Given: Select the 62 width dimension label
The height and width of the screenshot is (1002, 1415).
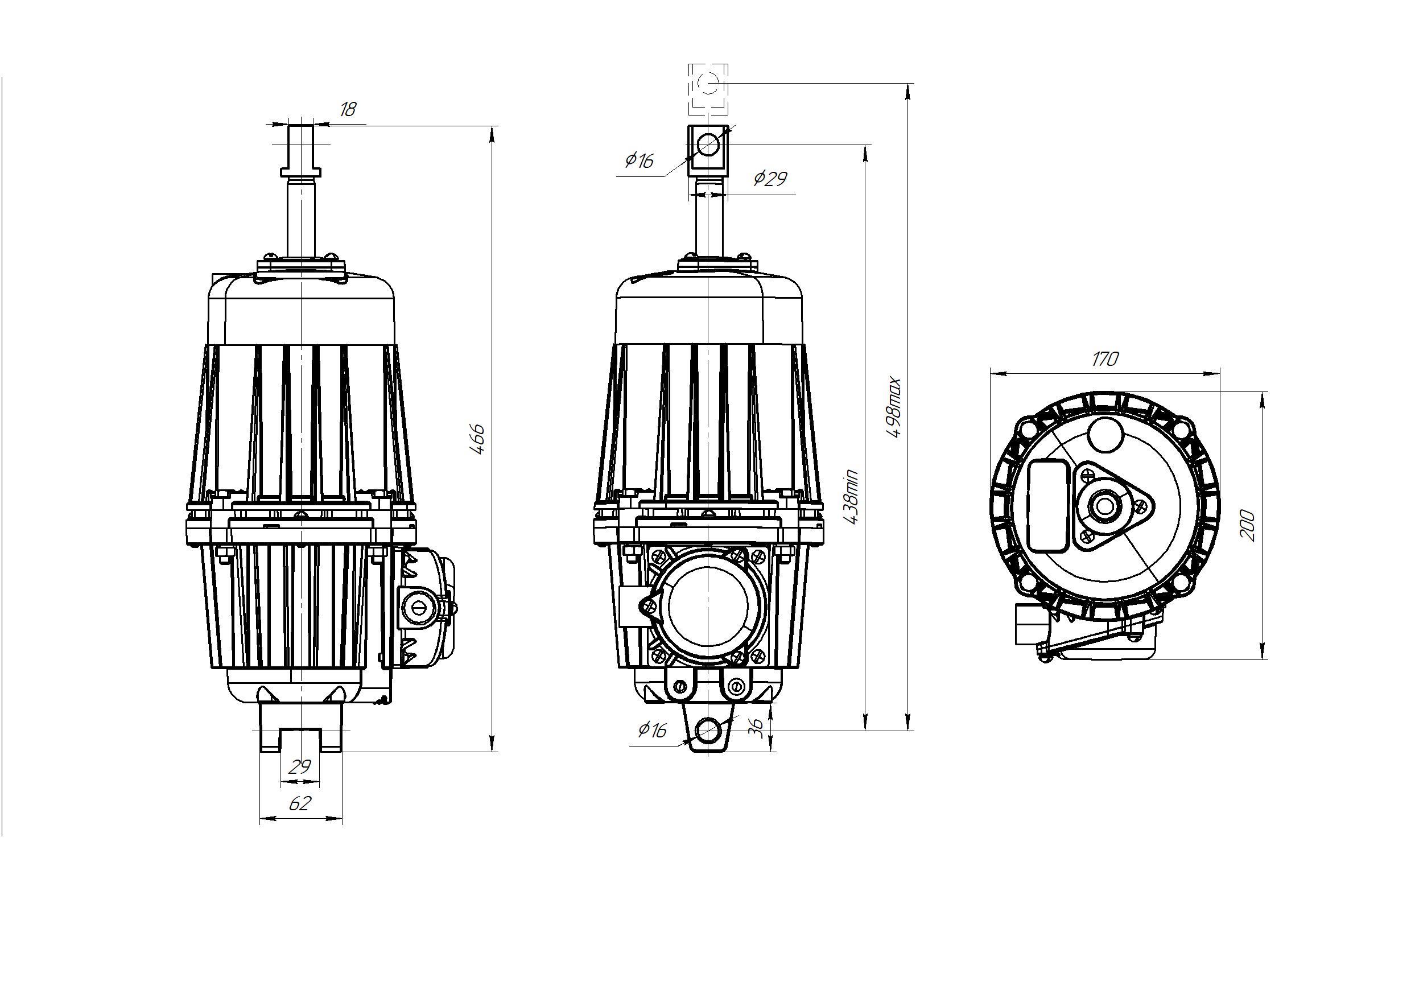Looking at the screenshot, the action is coord(300,803).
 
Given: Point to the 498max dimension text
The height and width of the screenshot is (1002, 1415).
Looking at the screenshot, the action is coord(894,408).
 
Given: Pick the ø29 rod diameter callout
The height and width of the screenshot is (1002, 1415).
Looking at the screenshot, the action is coord(771,179).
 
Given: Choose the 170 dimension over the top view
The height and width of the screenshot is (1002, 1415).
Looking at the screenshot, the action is coord(1104,359).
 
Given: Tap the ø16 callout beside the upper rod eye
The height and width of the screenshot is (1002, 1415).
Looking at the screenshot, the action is coord(639,161).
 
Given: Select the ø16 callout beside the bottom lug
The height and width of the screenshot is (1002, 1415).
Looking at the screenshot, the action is coord(653,730).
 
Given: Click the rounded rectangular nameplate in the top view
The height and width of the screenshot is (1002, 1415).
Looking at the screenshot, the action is coord(1048,505).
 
